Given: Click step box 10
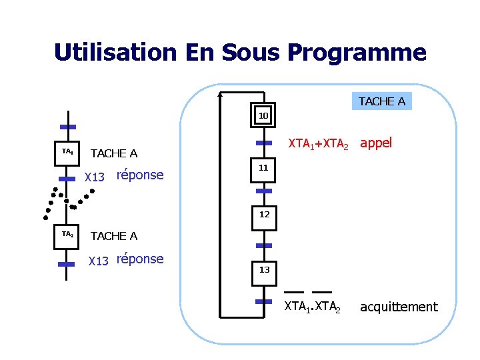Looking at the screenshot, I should (263, 116).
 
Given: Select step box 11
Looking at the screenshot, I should (263, 168).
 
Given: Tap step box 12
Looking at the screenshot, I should (264, 215).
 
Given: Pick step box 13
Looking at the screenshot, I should (264, 270).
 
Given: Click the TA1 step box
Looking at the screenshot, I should (67, 152).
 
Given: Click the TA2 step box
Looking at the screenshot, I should (67, 235).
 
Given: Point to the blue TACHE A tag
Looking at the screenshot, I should (381, 101).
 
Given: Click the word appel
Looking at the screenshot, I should (376, 143).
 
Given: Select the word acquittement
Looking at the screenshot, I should (399, 307).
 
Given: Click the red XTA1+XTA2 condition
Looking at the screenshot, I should (317, 143).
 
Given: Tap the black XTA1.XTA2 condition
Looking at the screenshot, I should (312, 307).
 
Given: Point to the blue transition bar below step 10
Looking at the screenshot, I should (264, 143).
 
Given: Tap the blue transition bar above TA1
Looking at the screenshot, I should (67, 127).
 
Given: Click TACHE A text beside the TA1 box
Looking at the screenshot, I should (113, 154).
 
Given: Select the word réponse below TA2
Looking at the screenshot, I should (139, 259).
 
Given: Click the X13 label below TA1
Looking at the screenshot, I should (95, 177).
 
